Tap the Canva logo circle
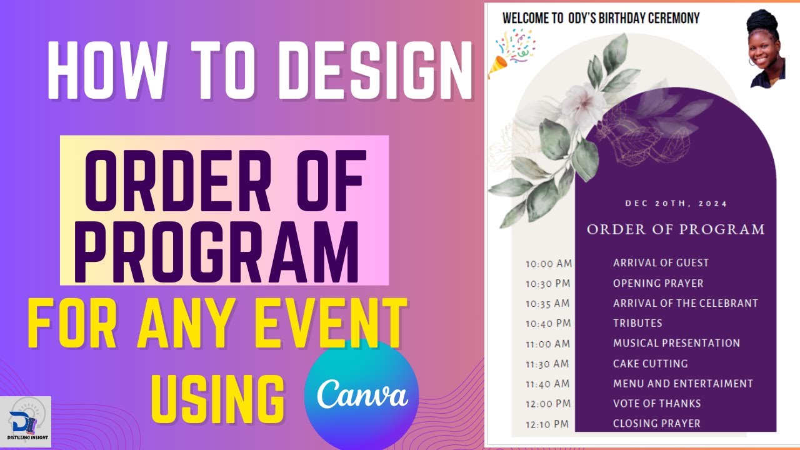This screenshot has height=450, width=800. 361,395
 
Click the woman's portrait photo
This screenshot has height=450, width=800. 766,50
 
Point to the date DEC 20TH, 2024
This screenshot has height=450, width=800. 676,203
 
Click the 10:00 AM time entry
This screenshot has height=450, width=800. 547,264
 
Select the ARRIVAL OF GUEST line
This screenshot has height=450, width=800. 661,263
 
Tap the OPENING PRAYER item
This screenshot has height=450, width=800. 658,283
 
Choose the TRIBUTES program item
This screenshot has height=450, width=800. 637,323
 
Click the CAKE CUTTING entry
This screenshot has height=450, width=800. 650,363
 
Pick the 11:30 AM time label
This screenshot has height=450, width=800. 547,364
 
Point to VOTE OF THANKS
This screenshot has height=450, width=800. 657,403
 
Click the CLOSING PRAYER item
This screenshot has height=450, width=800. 656,423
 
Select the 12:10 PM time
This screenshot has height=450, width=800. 547,424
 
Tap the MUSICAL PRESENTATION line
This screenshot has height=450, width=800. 676,343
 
